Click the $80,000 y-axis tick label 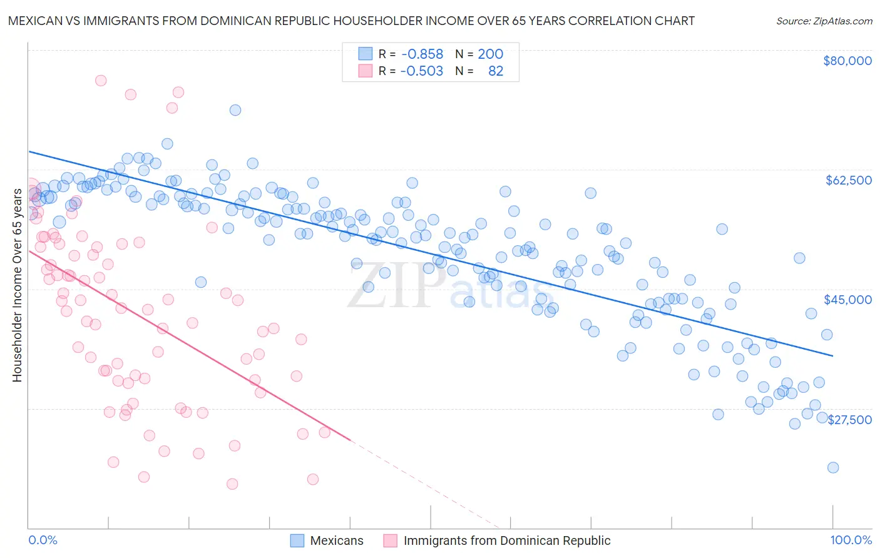pyautogui.click(x=847, y=61)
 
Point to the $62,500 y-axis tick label pyautogui.click(x=848, y=180)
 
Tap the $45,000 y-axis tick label pyautogui.click(x=847, y=300)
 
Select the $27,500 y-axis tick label pyautogui.click(x=849, y=420)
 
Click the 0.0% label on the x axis pyautogui.click(x=43, y=540)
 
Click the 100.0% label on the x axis pyautogui.click(x=851, y=540)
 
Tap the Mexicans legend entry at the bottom pyautogui.click(x=336, y=540)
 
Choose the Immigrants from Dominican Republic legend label pyautogui.click(x=506, y=540)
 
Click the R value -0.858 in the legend pyautogui.click(x=422, y=54)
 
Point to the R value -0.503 pyautogui.click(x=422, y=71)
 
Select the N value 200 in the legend pyautogui.click(x=490, y=54)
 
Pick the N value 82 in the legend pyautogui.click(x=495, y=71)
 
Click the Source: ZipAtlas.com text pyautogui.click(x=824, y=21)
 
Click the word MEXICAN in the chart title pyautogui.click(x=35, y=21)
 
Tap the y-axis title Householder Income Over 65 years pyautogui.click(x=17, y=285)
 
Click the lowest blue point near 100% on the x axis pyautogui.click(x=832, y=467)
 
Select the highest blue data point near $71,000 pyautogui.click(x=235, y=110)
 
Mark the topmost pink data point pyautogui.click(x=101, y=81)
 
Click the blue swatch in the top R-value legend pyautogui.click(x=365, y=54)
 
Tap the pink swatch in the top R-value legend pyautogui.click(x=365, y=71)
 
